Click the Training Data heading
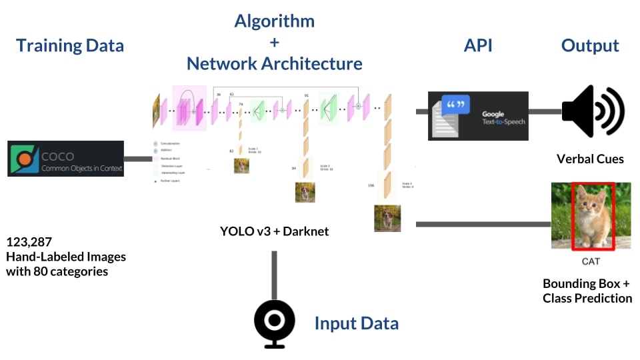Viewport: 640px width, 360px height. click(x=70, y=46)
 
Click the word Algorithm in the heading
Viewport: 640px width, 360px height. click(x=274, y=21)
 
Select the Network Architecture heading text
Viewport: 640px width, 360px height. click(x=274, y=64)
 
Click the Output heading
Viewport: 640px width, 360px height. click(x=590, y=46)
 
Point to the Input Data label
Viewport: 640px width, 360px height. click(x=356, y=324)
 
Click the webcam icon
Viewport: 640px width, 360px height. click(x=274, y=323)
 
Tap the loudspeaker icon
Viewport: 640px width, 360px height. click(x=592, y=111)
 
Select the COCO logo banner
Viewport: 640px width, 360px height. click(x=65, y=159)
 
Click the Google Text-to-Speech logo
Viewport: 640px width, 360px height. click(x=477, y=116)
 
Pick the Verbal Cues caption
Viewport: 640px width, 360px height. click(x=590, y=159)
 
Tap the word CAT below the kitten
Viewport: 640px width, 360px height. click(x=591, y=261)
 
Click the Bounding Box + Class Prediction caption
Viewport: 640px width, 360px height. click(x=587, y=291)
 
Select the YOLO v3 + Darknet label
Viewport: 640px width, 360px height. click(x=274, y=232)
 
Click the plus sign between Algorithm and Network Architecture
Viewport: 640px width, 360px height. click(x=274, y=42)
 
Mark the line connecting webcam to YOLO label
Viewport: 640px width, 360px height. click(x=274, y=275)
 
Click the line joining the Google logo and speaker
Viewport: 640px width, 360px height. click(x=545, y=111)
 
